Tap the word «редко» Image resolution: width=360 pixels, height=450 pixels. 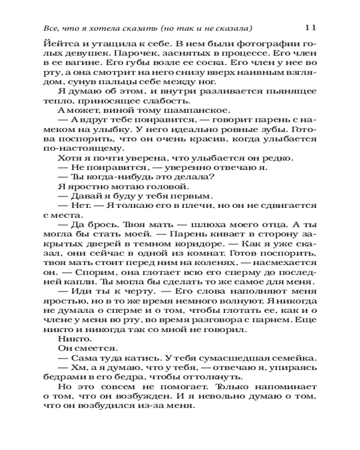tap(277, 158)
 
